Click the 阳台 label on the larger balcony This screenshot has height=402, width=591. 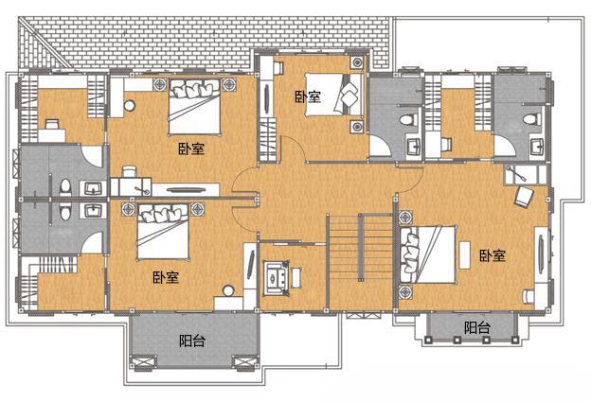(192, 341)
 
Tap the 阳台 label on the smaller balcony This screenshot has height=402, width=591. (476, 327)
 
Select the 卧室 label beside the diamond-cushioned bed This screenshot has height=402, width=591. (308, 96)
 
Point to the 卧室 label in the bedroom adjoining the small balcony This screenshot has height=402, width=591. (492, 256)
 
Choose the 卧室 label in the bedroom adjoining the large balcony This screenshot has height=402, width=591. (166, 277)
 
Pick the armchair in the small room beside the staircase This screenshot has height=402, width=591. (277, 277)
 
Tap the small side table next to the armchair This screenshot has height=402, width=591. (296, 277)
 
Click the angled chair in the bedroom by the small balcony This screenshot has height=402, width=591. (525, 197)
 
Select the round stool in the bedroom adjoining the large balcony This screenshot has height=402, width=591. (227, 290)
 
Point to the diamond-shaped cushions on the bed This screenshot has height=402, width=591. (349, 94)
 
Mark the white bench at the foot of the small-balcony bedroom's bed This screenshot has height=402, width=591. (464, 255)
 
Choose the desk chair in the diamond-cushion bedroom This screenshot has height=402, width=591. (278, 68)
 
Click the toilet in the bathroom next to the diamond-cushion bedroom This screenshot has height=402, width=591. (407, 120)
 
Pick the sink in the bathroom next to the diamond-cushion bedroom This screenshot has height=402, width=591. (414, 146)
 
